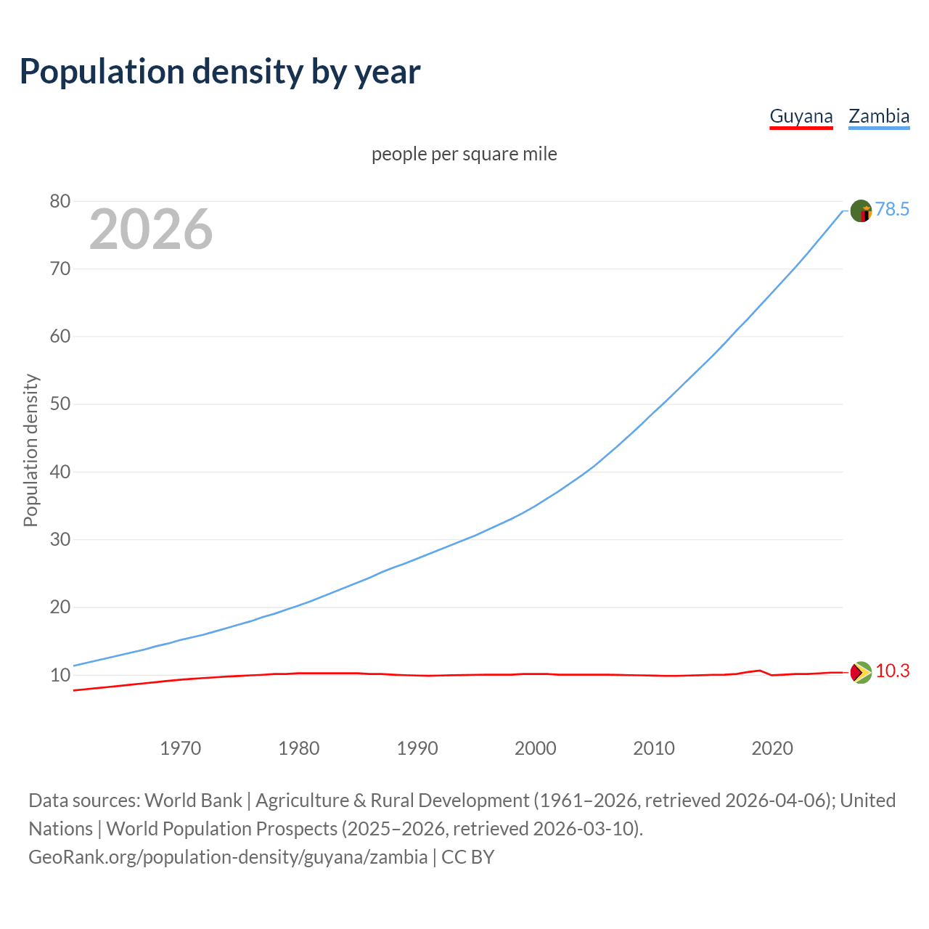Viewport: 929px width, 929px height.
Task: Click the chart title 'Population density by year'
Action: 220,72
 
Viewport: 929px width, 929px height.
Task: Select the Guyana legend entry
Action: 801,117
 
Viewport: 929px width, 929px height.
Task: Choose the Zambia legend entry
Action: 879,117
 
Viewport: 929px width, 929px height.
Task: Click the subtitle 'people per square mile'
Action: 464,155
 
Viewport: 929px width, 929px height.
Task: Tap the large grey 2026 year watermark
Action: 151,229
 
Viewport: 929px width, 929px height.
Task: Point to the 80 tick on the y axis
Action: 60,202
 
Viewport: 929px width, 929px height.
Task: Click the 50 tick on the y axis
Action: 60,404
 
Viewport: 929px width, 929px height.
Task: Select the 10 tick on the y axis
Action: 60,675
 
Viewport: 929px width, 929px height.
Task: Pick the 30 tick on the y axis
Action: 60,539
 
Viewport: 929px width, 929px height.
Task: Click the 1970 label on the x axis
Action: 180,748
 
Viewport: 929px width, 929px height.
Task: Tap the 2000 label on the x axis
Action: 535,748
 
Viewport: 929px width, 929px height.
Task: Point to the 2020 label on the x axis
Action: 772,748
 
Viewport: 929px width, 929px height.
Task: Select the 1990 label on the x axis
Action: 417,748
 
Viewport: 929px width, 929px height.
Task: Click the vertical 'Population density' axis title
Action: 30,450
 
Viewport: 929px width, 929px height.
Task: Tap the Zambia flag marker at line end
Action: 860,211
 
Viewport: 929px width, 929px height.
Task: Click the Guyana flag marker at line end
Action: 860,673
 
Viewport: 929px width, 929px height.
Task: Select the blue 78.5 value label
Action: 892,210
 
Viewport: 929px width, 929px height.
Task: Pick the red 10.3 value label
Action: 892,671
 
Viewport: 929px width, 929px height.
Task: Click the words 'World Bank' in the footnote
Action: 193,801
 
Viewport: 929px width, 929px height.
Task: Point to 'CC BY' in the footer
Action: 468,857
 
